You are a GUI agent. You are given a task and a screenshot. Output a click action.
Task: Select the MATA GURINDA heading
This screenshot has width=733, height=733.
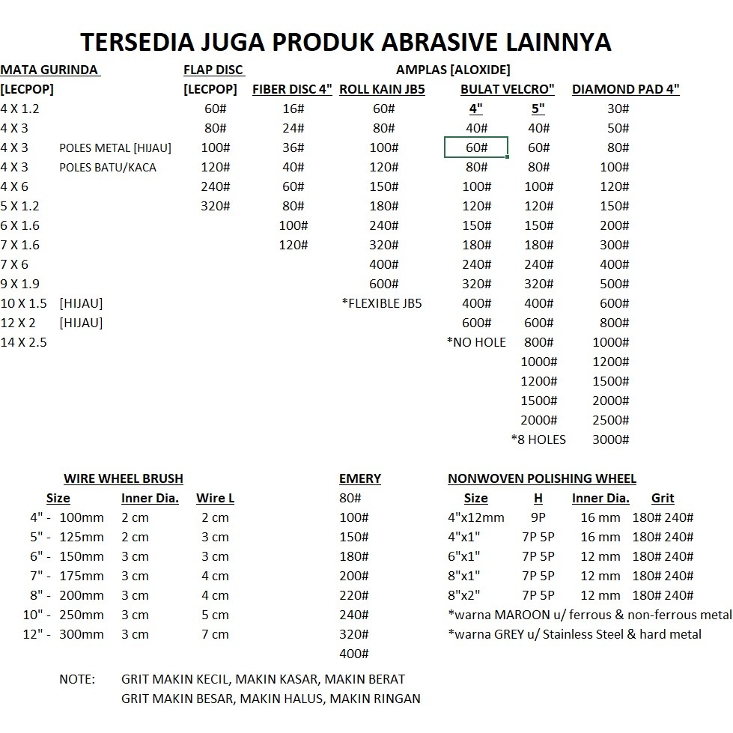click(49, 70)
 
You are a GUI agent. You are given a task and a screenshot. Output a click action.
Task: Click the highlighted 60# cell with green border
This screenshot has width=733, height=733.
click(476, 147)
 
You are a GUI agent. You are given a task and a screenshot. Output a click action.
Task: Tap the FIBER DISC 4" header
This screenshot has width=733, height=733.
click(292, 89)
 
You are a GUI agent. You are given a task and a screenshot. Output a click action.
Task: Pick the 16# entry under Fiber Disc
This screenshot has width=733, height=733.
click(292, 109)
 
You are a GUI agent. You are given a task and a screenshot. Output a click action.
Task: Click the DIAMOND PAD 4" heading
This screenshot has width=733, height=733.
click(625, 89)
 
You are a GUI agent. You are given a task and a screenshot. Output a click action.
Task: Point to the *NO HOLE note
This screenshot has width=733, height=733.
click(476, 342)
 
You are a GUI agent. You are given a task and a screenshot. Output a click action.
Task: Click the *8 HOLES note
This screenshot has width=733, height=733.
click(538, 440)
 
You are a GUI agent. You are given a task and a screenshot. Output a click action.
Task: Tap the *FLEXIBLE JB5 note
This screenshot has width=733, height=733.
click(382, 303)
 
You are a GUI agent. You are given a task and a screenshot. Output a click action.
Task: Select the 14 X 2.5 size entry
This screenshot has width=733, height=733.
click(24, 342)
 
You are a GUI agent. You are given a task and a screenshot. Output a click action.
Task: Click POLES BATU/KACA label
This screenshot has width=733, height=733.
click(108, 167)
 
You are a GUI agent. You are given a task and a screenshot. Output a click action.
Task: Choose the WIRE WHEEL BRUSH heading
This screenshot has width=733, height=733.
click(124, 478)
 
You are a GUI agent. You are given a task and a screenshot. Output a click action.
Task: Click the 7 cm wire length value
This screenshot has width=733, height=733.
click(215, 634)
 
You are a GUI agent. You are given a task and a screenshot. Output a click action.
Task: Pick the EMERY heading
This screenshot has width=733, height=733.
click(360, 478)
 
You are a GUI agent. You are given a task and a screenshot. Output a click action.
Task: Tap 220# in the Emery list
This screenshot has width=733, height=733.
click(354, 595)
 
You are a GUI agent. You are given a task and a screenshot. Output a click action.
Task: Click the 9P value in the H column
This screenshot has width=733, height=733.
click(538, 517)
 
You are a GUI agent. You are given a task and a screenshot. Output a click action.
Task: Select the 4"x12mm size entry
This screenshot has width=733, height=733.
click(476, 517)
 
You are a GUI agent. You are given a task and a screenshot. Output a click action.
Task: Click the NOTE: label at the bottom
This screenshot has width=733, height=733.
click(77, 679)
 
